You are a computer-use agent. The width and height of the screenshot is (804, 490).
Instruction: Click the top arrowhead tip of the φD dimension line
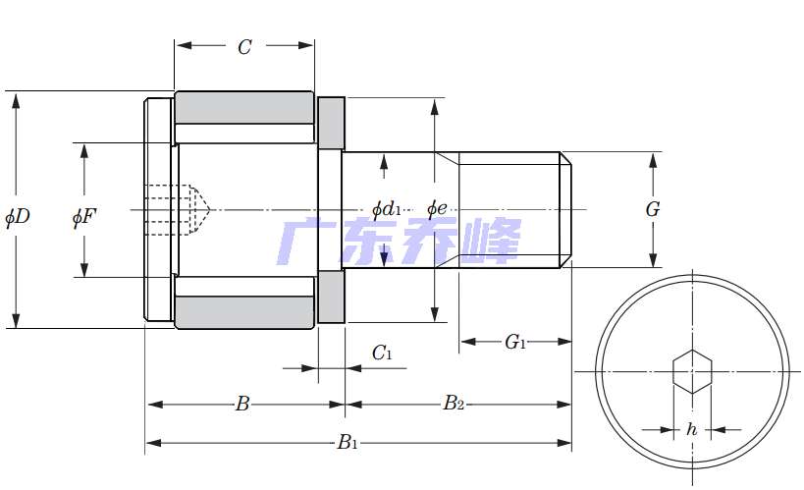point(16,93)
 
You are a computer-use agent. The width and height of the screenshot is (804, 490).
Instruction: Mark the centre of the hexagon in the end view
point(692,371)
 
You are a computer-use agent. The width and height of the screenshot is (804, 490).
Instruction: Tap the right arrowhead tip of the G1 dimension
point(571,341)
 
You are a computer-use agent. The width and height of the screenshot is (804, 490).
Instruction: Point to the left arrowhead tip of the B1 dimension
point(146,443)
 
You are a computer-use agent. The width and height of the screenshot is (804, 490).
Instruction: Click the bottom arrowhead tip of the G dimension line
point(653,267)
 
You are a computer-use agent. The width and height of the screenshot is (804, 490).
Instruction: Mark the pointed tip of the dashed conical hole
point(210,209)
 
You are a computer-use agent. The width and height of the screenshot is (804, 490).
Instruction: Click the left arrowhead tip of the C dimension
point(176,45)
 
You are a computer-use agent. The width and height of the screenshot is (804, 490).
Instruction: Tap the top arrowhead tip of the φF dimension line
point(84,143)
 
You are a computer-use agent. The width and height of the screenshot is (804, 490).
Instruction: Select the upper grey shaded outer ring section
point(244,108)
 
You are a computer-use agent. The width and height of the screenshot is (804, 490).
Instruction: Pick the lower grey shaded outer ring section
point(244,312)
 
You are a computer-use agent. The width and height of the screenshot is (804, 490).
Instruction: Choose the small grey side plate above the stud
point(331,123)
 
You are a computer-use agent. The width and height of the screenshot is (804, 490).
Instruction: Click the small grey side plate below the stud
point(331,298)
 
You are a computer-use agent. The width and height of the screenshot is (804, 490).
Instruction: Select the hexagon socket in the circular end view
point(692,371)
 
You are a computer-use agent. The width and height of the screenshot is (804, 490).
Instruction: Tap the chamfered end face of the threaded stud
point(566,210)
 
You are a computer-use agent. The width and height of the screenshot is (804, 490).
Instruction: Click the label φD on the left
point(18,217)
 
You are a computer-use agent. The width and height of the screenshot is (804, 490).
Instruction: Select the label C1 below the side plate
point(382,353)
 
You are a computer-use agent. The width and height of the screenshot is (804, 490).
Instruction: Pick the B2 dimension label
point(454,403)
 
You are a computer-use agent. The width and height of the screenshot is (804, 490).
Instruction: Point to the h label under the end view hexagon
point(692,428)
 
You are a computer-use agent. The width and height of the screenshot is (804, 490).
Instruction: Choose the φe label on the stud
point(437,209)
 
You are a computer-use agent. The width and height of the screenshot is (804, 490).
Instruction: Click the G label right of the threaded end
point(653,209)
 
